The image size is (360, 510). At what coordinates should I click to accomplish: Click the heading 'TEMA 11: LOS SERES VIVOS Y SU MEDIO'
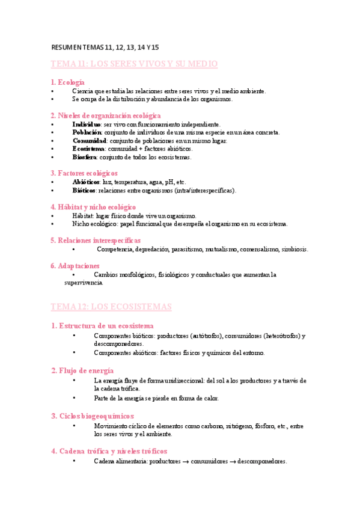(133, 64)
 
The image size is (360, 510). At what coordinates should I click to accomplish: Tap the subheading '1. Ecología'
(67, 82)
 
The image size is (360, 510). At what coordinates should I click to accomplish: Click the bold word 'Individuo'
(87, 124)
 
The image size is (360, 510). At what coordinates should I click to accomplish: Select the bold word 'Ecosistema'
(88, 149)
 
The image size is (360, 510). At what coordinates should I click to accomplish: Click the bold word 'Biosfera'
(85, 157)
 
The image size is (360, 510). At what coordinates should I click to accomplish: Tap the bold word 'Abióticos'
(86, 182)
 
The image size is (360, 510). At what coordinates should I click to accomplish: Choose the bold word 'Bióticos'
(84, 190)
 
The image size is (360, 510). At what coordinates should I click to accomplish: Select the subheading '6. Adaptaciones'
(75, 265)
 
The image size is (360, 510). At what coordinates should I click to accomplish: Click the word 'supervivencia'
(84, 282)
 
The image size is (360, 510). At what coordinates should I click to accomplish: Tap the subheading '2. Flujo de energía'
(82, 370)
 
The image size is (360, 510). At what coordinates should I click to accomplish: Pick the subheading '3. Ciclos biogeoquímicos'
(93, 416)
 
